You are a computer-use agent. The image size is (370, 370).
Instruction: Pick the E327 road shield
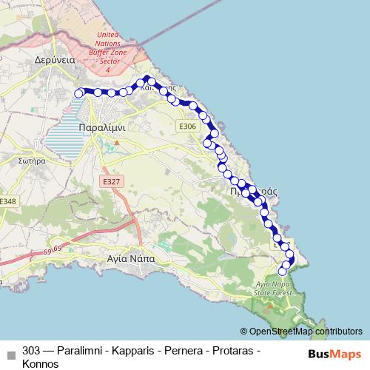111,181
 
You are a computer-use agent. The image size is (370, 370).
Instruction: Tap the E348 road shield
7,201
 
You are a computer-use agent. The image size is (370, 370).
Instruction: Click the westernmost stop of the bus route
78,92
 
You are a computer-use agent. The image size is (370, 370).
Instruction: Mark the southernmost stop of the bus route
282,272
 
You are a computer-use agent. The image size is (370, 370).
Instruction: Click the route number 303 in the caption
32,351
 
